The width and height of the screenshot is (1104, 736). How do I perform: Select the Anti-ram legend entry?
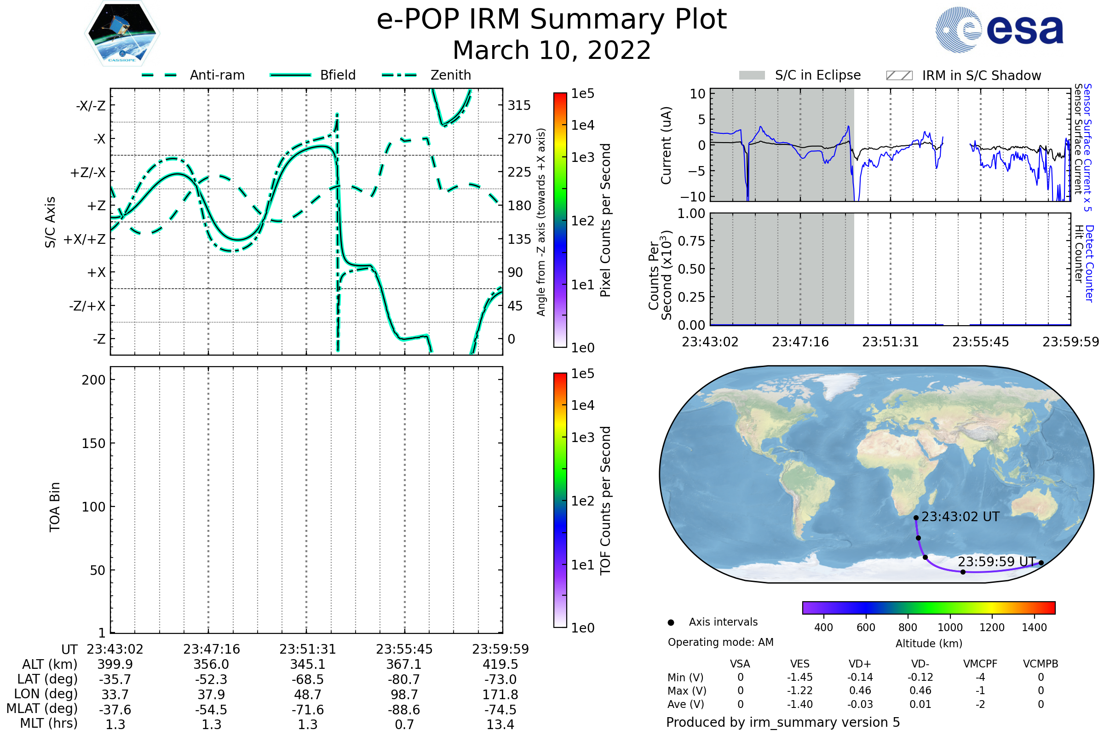[193, 75]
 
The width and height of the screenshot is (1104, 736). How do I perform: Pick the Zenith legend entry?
[426, 75]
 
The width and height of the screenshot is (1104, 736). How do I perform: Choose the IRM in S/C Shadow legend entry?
[963, 75]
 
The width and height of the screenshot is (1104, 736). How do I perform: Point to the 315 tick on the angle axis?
[519, 106]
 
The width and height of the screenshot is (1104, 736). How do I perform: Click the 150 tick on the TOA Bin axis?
[93, 443]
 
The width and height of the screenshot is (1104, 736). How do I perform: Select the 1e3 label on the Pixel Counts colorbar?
[582, 158]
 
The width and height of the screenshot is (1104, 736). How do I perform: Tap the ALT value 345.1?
[307, 665]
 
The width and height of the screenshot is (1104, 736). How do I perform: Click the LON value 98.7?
[404, 695]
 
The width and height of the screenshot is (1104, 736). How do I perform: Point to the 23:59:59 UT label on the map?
[996, 562]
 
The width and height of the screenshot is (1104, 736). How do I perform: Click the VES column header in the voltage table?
[800, 664]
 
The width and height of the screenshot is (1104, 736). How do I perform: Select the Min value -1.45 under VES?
[800, 677]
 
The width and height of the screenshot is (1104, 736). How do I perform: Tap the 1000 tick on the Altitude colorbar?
[950, 627]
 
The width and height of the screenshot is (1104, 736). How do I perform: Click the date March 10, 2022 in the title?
[552, 50]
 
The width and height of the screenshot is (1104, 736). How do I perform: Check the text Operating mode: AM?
[720, 642]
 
